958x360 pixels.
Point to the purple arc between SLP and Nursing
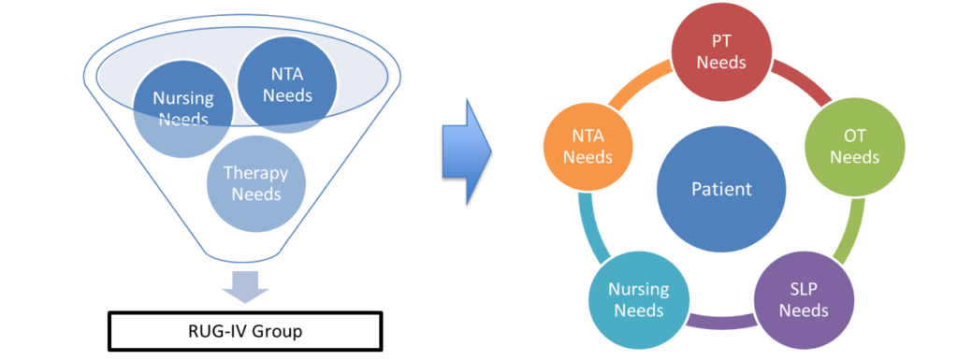point(721,323)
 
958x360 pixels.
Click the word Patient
point(721,189)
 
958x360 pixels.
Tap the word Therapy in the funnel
point(255,174)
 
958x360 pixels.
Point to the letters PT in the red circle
point(721,43)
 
